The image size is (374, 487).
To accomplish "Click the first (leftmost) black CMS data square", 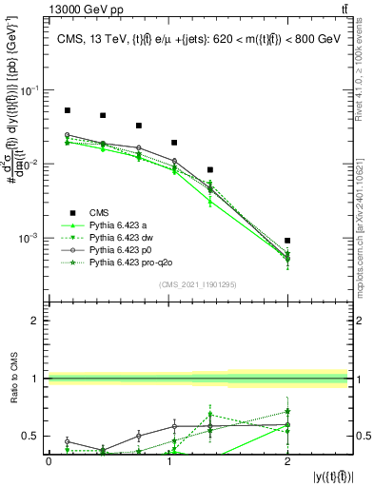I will [67, 110].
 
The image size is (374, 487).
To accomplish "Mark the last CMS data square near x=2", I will [287, 241].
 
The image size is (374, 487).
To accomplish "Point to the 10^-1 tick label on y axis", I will [31, 90].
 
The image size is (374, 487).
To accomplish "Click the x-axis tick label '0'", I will [49, 460].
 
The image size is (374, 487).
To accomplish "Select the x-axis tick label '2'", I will [287, 460].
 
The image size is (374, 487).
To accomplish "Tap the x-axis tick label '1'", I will [168, 460].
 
